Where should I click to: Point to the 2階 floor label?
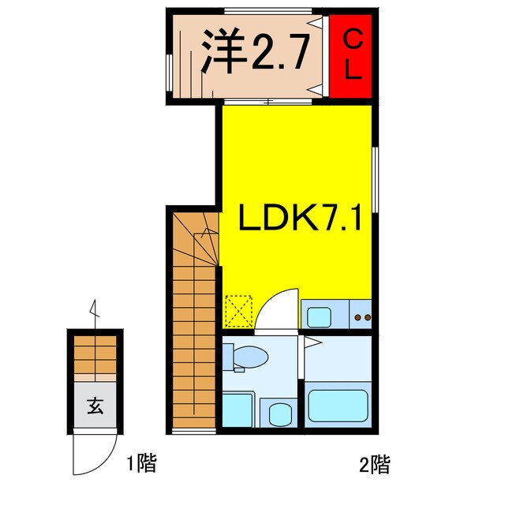374,463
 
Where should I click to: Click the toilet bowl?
251,357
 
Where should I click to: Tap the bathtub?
338,404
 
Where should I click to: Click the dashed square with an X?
238,310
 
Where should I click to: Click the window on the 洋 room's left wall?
169,74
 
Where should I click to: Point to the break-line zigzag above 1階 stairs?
95,309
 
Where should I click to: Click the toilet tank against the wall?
228,357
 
